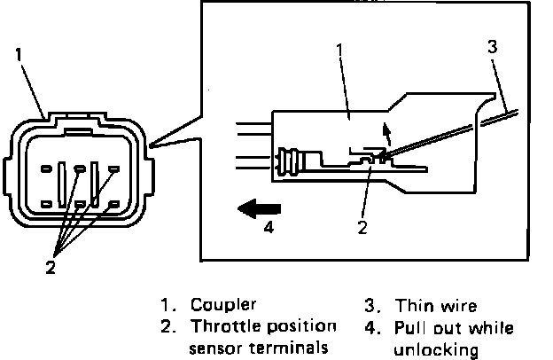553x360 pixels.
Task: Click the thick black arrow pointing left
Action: point(259,208)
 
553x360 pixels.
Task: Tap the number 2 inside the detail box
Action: point(362,226)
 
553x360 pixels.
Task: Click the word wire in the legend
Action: point(458,307)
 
